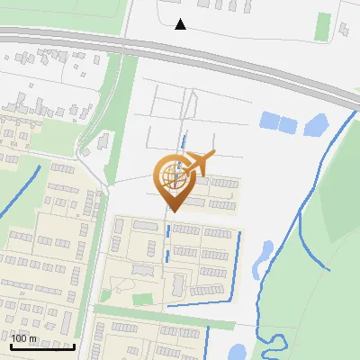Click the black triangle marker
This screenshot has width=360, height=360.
click(x=181, y=24)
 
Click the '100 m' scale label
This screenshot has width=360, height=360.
click(x=24, y=338)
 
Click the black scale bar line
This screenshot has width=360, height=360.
click(x=42, y=346)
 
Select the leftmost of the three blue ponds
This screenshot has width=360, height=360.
click(x=268, y=120)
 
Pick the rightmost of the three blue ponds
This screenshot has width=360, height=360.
click(x=314, y=126)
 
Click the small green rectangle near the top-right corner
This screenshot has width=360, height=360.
click(x=322, y=26)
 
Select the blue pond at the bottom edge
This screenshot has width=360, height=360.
click(x=239, y=352)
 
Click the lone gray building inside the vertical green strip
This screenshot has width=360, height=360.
click(x=103, y=141)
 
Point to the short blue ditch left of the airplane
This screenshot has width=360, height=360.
click(x=183, y=144)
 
